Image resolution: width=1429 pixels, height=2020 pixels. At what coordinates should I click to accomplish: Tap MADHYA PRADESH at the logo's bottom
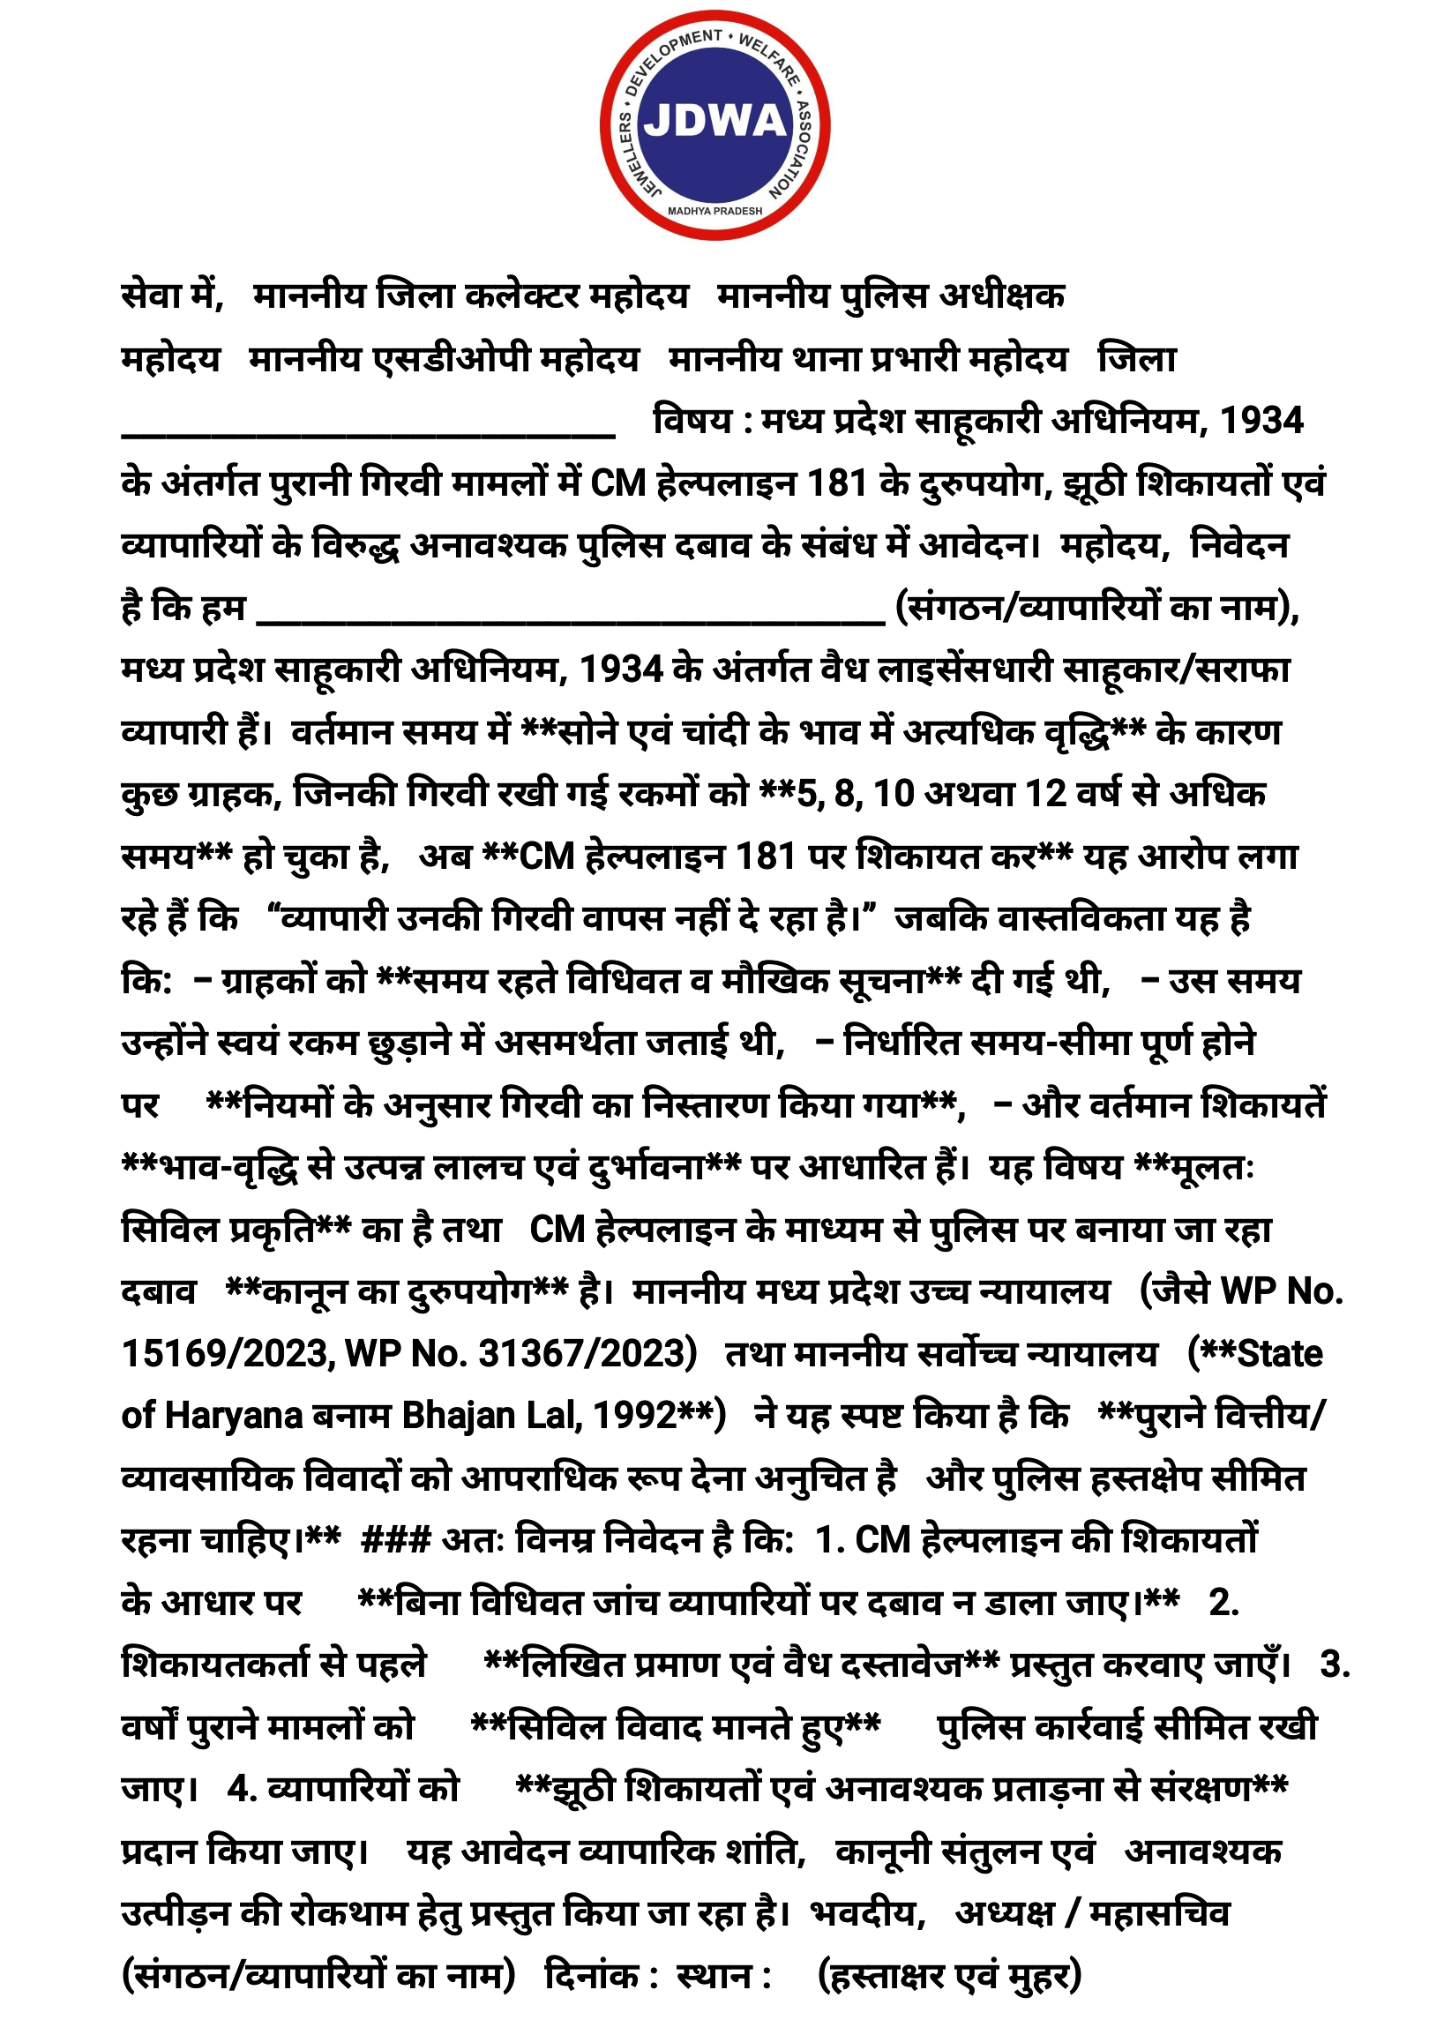point(714,212)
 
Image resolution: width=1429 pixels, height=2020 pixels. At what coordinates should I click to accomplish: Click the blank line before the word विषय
point(368,432)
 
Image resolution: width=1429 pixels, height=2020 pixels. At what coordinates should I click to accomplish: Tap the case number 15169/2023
point(227,1354)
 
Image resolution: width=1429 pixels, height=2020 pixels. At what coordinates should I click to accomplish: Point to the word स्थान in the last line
point(715,1976)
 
